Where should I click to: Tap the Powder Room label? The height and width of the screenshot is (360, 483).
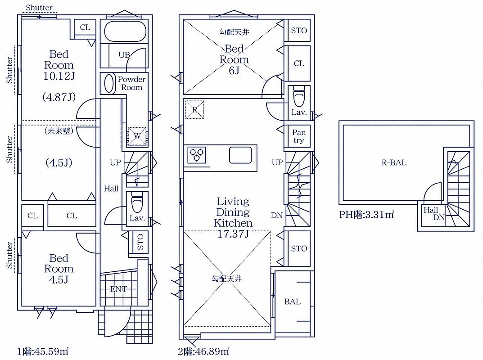131,83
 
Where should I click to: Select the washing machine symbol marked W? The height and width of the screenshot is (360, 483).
137,135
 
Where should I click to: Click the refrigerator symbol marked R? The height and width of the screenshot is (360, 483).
194,109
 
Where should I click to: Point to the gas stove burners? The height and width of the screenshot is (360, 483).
197,155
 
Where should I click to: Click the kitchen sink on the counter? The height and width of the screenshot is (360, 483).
240,155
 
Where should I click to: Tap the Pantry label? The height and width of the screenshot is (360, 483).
298,136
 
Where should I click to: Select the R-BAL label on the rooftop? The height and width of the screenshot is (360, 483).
394,162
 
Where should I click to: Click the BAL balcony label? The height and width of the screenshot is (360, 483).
292,301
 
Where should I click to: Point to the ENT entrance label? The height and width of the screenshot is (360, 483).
118,289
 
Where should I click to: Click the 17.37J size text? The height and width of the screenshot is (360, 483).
233,234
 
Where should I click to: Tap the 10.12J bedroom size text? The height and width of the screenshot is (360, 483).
59,76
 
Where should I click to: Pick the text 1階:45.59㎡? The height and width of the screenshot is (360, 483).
43,351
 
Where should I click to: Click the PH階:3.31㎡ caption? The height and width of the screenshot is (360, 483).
366,214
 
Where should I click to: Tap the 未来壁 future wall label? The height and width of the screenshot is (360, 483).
59,131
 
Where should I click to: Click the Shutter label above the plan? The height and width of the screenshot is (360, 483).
39,7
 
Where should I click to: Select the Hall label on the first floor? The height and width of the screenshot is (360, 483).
111,189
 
